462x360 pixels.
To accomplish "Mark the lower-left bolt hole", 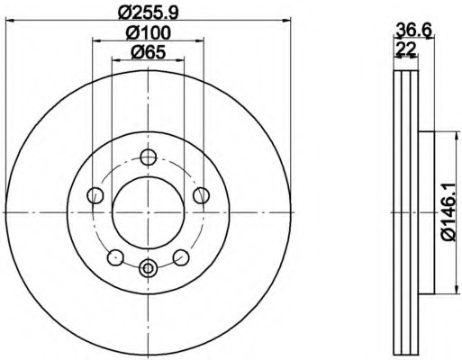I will tap(115, 257).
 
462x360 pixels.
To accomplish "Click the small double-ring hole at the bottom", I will tap(149, 267).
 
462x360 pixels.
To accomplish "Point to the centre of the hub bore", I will tap(149, 212).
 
